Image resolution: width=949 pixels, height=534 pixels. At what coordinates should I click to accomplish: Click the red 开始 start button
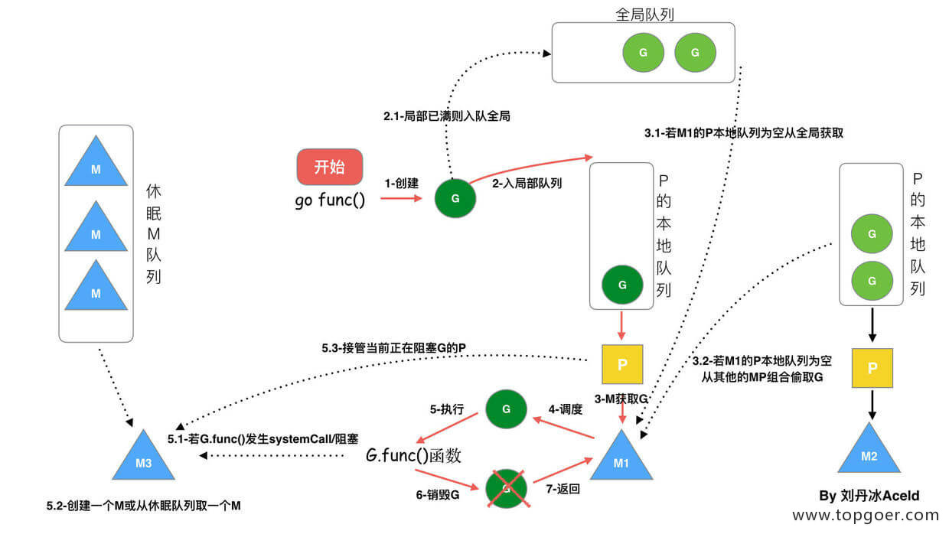[x=329, y=168]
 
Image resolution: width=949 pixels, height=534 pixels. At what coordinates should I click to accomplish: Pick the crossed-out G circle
[x=507, y=486]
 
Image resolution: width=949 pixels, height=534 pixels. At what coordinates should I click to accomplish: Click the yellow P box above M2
[x=872, y=367]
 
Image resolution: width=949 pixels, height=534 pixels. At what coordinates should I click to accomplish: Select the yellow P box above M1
[x=621, y=364]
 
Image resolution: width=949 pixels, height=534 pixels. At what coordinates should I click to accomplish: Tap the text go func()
[x=330, y=201]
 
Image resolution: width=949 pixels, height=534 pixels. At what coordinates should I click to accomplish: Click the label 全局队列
[x=644, y=14]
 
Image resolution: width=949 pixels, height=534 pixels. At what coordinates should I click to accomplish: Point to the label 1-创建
[x=402, y=184]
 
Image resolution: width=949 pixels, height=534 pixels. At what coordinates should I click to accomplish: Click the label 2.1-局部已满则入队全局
[x=447, y=116]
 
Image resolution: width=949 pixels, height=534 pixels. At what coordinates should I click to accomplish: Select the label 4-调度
[x=566, y=409]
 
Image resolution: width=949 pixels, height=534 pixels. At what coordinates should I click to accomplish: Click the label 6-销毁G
[x=437, y=495]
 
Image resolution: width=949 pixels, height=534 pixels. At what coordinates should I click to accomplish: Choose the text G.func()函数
[x=413, y=456]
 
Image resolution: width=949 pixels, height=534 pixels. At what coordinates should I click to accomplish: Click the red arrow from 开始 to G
[x=401, y=198]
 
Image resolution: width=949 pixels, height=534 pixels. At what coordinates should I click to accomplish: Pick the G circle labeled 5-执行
[x=506, y=409]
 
